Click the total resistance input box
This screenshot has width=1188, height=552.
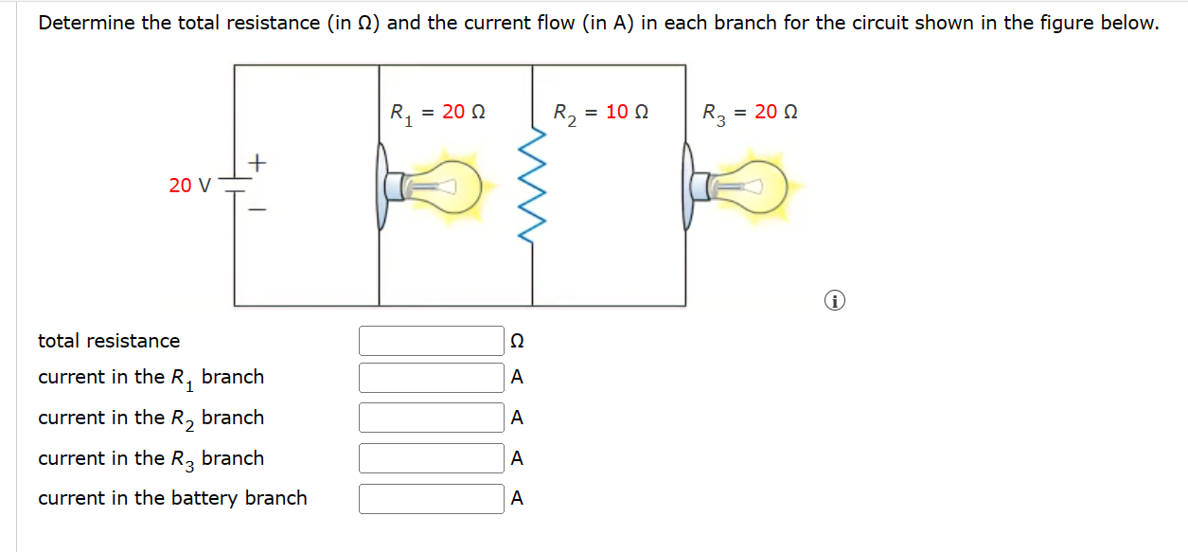(431, 341)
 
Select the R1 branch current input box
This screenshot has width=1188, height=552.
(431, 378)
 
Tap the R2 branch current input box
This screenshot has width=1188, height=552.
(431, 418)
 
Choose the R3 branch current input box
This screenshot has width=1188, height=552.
(431, 458)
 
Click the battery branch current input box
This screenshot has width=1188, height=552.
(431, 499)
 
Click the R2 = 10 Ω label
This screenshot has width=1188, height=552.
(601, 113)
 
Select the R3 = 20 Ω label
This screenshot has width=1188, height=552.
(750, 113)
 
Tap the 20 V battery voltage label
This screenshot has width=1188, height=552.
(190, 186)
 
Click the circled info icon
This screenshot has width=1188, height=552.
(834, 302)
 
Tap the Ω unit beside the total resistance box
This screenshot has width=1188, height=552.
(517, 341)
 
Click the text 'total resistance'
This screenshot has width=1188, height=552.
(109, 341)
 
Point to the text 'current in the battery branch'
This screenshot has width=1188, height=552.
(172, 498)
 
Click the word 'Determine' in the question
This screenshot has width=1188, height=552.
(86, 24)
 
